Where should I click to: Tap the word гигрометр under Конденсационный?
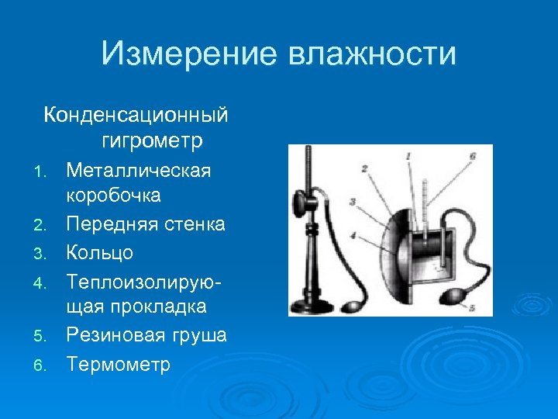click(152, 141)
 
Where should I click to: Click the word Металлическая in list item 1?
click(139, 169)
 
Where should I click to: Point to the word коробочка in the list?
click(113, 195)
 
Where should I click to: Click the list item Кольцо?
click(100, 252)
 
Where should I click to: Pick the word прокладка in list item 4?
click(159, 306)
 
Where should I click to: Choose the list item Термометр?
click(118, 363)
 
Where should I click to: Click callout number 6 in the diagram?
click(472, 155)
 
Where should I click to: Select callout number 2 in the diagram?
click(364, 168)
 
